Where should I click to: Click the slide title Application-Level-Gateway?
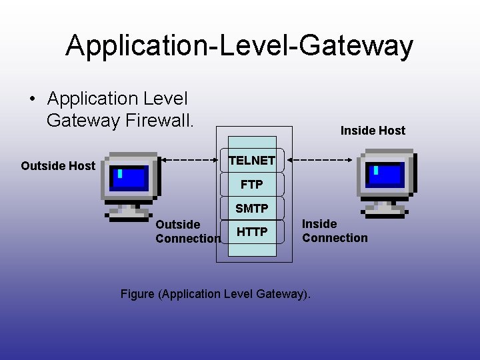point(239,45)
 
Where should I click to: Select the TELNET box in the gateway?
point(252,161)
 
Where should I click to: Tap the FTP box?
point(252,184)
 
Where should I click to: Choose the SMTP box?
point(252,209)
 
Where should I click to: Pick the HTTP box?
point(252,232)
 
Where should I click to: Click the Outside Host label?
point(58,166)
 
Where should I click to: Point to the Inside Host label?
point(373,131)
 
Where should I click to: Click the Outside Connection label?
point(187,231)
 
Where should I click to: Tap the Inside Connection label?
point(335,231)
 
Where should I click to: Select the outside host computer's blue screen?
point(129,179)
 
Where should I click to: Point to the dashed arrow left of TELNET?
point(191,160)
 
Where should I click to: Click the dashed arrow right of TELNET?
point(323,160)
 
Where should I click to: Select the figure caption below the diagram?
point(215,294)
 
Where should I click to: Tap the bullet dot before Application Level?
point(33,99)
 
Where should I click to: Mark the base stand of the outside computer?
point(129,213)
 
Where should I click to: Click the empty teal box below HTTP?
point(252,250)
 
